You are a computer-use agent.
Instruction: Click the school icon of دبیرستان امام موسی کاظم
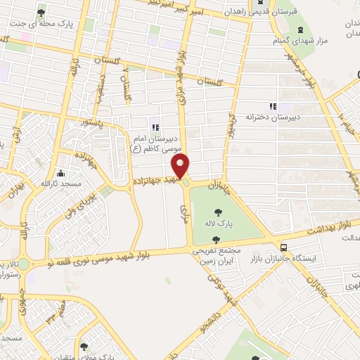155,127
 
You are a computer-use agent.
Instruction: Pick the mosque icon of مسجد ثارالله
61,173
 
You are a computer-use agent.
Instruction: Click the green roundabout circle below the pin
185,183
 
